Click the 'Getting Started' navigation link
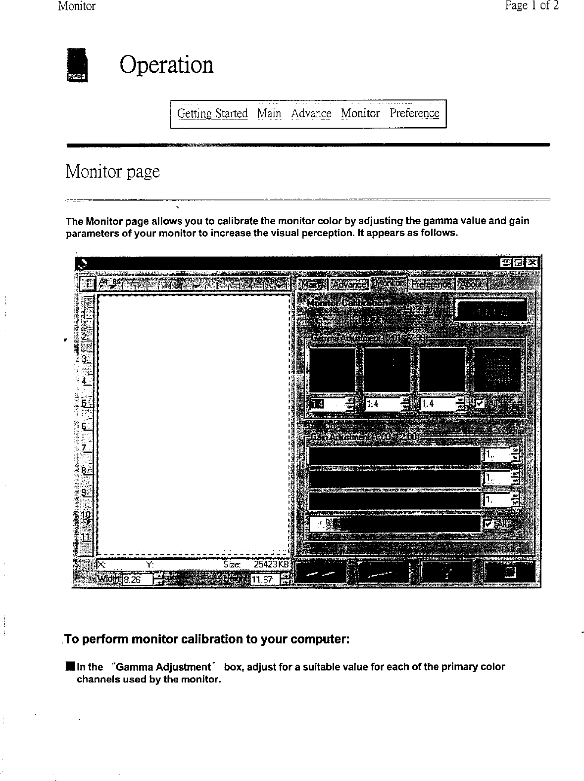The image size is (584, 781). coord(212,113)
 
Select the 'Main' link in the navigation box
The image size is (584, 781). coord(269,113)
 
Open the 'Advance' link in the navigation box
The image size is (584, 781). coord(311,113)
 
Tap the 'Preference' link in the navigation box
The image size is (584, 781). coord(414,113)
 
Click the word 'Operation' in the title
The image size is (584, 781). coord(166,65)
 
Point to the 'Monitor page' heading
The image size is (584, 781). coord(113,171)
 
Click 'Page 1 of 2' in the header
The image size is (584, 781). coord(532,6)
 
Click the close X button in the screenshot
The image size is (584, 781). coord(533,262)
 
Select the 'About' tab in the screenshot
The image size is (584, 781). coord(471,284)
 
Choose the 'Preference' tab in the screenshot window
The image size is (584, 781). coord(431,284)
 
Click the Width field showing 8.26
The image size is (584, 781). coord(138,579)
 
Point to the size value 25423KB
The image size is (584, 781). coord(271,564)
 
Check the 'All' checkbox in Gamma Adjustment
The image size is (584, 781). coord(479,403)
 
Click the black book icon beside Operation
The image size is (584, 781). coord(77,65)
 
